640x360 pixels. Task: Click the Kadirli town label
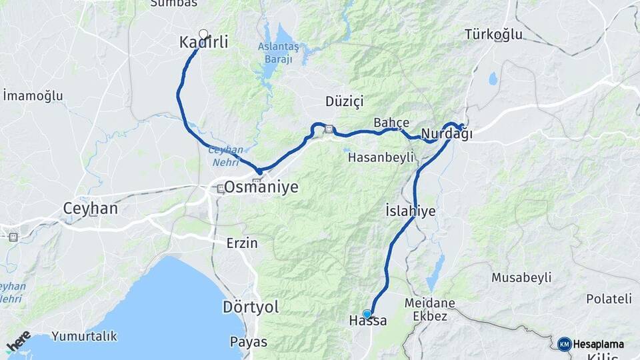pyautogui.click(x=204, y=43)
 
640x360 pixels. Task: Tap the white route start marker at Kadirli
pyautogui.click(x=203, y=34)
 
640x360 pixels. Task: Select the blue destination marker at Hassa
pyautogui.click(x=367, y=314)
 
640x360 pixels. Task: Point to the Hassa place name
pyautogui.click(x=367, y=321)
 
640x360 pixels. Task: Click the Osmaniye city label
pyautogui.click(x=261, y=188)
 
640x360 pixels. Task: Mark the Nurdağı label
pyautogui.click(x=447, y=134)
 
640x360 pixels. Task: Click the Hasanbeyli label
pyautogui.click(x=381, y=157)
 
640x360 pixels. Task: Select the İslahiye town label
pyautogui.click(x=411, y=211)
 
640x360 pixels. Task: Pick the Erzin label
pyautogui.click(x=241, y=243)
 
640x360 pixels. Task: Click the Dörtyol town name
pyautogui.click(x=250, y=307)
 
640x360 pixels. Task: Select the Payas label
pyautogui.click(x=248, y=342)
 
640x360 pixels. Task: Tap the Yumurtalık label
pyautogui.click(x=85, y=336)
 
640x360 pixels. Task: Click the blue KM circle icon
pyautogui.click(x=565, y=344)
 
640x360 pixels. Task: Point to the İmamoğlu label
pyautogui.click(x=33, y=96)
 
